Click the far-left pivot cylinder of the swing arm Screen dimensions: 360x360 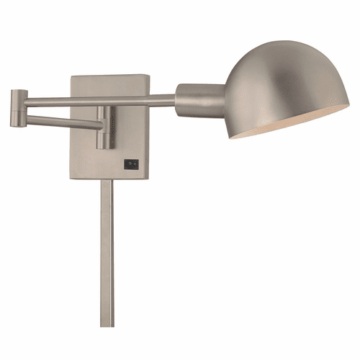pyautogui.click(x=19, y=108)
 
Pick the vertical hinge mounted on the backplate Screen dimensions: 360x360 pyautogui.click(x=104, y=127)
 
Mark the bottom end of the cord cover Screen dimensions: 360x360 pyautogui.click(x=107, y=324)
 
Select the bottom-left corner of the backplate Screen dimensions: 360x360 pyautogui.click(x=72, y=177)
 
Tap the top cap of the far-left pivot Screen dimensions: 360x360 pyautogui.click(x=19, y=91)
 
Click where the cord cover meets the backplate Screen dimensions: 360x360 pyautogui.click(x=107, y=180)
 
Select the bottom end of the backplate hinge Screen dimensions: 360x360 pyautogui.click(x=104, y=148)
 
